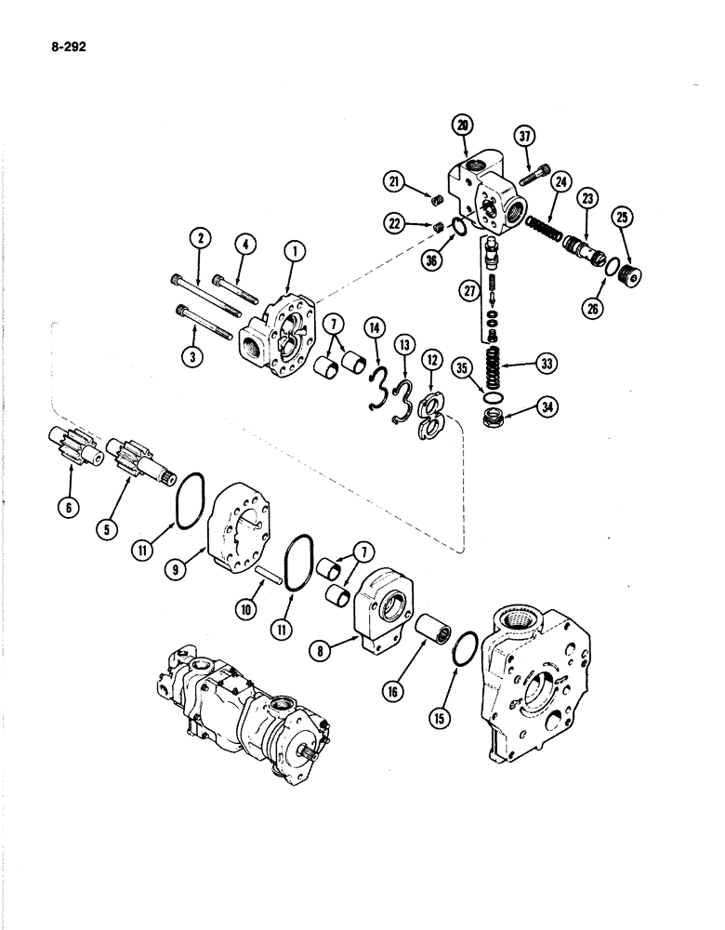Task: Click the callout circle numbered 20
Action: coord(462,125)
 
